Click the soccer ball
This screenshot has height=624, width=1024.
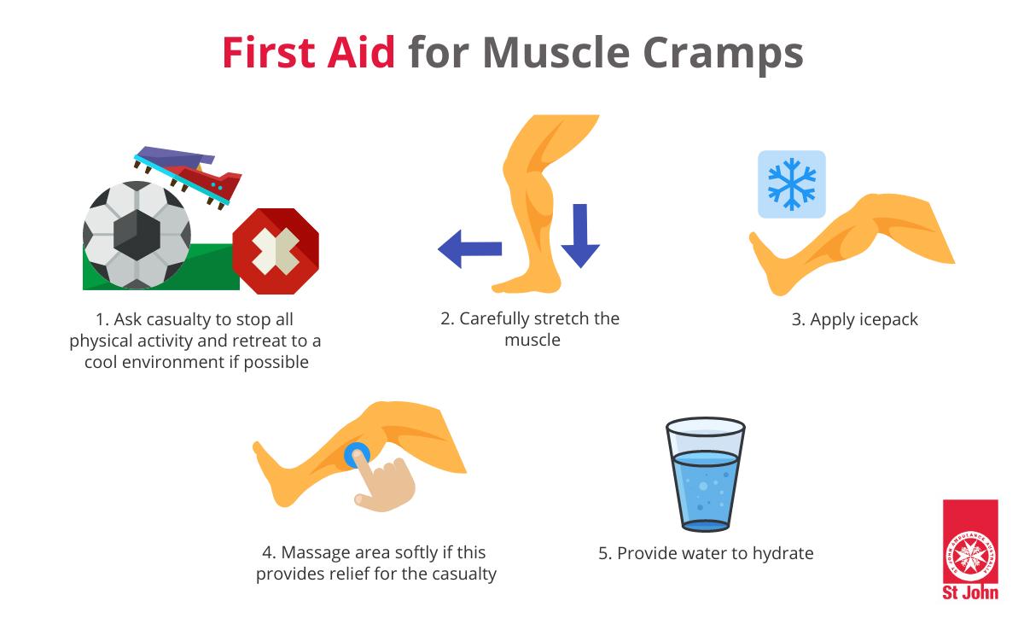(x=137, y=236)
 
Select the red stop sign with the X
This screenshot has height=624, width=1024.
(x=276, y=251)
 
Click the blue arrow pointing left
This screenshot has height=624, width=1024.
(x=469, y=248)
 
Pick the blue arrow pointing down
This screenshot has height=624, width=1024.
(x=580, y=236)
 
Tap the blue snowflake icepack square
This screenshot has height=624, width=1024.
(x=792, y=184)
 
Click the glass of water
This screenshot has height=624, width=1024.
(x=706, y=474)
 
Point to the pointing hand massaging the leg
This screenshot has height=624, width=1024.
(x=384, y=482)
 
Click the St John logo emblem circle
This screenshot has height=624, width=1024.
(x=970, y=557)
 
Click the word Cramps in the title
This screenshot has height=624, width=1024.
(x=723, y=55)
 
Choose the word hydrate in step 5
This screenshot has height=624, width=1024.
(x=783, y=554)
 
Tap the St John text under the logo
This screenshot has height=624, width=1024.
(x=970, y=593)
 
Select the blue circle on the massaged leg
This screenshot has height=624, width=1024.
(x=357, y=456)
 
